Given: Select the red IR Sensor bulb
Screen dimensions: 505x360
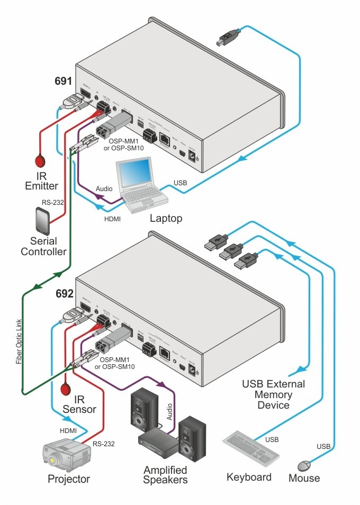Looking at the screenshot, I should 66,390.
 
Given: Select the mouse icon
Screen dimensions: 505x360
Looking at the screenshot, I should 304,465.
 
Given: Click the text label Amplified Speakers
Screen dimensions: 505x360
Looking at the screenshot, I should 166,475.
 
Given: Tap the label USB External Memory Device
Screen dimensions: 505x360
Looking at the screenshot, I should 273,394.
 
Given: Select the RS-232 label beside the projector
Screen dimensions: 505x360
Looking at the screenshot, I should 103,444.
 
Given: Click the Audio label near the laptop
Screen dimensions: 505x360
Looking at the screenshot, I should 104,188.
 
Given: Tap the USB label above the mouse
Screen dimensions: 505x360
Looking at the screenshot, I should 323,447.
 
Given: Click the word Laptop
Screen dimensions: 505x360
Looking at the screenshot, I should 166,218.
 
